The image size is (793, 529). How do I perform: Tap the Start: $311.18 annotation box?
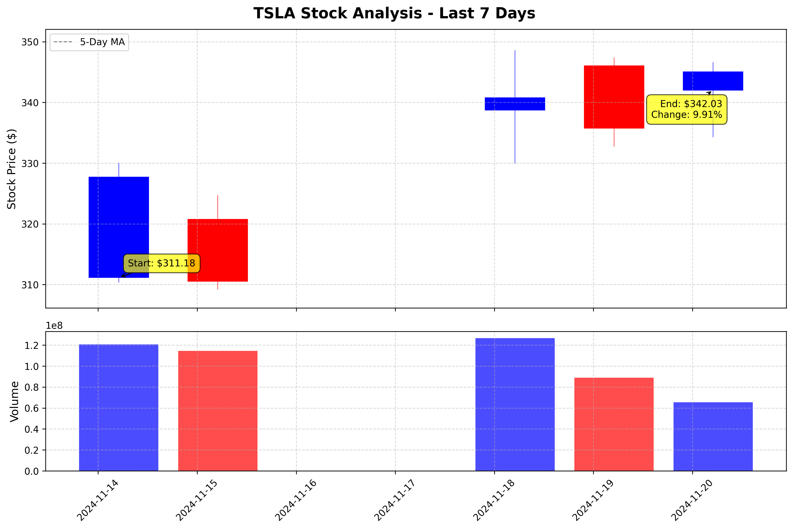click(x=161, y=263)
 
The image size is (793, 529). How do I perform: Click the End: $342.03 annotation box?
click(x=686, y=109)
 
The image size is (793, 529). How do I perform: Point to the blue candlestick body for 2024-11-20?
click(x=713, y=81)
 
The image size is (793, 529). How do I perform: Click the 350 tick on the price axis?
click(x=30, y=42)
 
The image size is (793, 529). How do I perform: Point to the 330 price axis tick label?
click(x=30, y=164)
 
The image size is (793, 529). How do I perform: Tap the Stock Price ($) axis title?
click(x=12, y=169)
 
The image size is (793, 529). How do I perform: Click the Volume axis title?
click(x=14, y=401)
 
